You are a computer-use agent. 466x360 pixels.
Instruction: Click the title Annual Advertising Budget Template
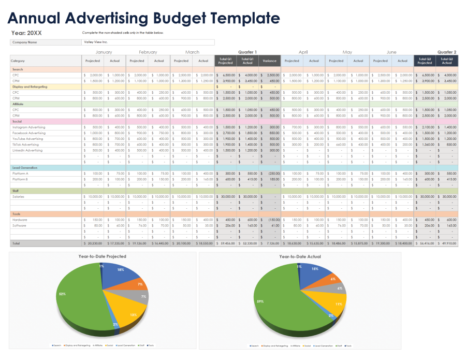143,18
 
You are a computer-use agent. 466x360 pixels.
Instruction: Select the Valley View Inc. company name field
148,42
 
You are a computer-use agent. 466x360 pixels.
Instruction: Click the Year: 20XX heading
26,33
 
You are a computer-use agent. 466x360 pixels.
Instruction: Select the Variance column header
269,61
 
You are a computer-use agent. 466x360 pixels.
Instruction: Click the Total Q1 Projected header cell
225,61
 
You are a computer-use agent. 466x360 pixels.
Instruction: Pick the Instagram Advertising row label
28,127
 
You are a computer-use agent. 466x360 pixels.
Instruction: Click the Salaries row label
18,197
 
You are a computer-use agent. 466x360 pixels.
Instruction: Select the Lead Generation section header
24,168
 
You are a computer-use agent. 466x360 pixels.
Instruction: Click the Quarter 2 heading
446,52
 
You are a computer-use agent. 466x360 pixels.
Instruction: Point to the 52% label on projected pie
62,294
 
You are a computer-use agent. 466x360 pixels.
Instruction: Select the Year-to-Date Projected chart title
102,256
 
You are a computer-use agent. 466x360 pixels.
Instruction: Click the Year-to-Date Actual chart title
300,256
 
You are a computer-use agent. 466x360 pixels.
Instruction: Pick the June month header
391,52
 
